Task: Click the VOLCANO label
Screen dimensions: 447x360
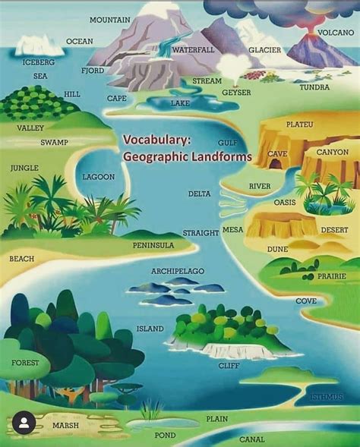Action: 336,33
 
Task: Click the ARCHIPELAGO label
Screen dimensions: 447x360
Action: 178,271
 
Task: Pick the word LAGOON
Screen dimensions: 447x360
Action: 99,177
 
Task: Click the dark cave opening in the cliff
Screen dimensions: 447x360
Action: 273,162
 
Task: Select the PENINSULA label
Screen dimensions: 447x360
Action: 153,245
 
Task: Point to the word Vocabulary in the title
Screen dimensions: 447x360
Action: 157,140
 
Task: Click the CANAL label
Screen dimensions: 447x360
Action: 252,439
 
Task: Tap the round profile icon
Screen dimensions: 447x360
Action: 24,423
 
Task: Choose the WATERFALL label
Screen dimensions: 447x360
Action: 193,49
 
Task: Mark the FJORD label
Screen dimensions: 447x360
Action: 93,71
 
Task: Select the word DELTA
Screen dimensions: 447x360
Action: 199,194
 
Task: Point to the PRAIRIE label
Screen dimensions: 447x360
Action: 331,276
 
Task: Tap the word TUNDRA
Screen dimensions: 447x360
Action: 314,87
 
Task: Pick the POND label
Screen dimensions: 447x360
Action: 165,435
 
